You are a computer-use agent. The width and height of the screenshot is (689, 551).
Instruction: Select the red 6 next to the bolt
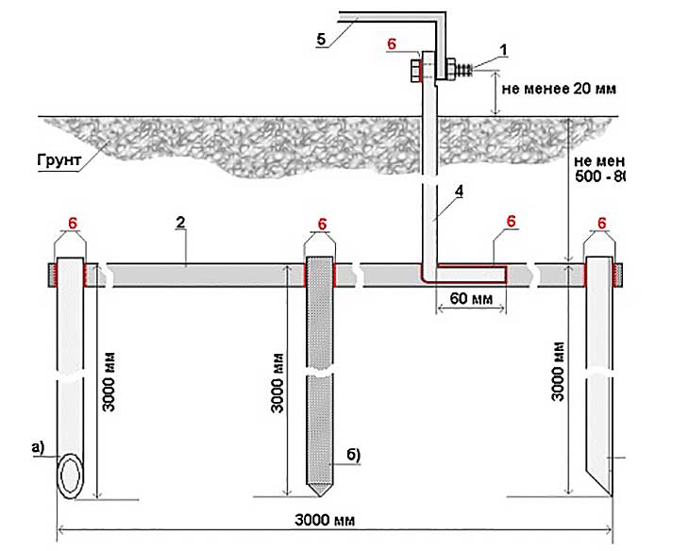[x=393, y=43]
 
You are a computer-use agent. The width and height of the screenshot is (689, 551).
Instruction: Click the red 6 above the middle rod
[x=321, y=224]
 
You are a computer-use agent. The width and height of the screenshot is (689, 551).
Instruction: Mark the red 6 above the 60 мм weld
[x=511, y=221]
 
